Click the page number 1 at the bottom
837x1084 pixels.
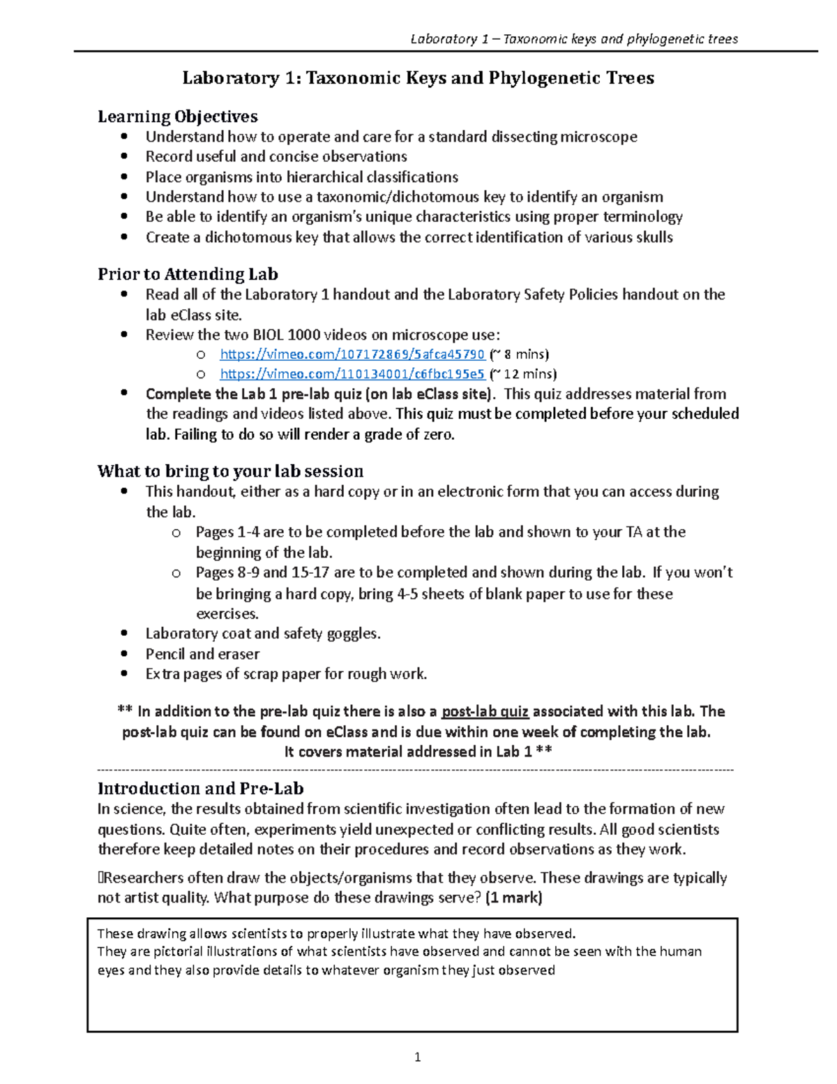tap(417, 1057)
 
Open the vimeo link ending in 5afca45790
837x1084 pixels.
tap(352, 354)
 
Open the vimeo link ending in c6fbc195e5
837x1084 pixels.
tap(352, 374)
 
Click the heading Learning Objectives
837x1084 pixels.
tap(178, 116)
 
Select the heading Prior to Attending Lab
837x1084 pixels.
tap(188, 274)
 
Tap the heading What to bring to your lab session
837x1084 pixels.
tap(230, 471)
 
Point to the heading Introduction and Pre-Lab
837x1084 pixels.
tap(200, 789)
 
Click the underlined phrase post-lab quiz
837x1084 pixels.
tap(485, 711)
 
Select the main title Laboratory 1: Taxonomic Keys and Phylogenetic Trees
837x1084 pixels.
tap(418, 77)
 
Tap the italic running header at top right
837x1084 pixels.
tap(573, 39)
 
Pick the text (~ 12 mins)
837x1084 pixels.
tap(522, 374)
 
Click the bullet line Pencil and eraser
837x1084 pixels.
tap(202, 654)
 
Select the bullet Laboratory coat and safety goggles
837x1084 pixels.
tap(262, 634)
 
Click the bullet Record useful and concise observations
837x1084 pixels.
tap(276, 156)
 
